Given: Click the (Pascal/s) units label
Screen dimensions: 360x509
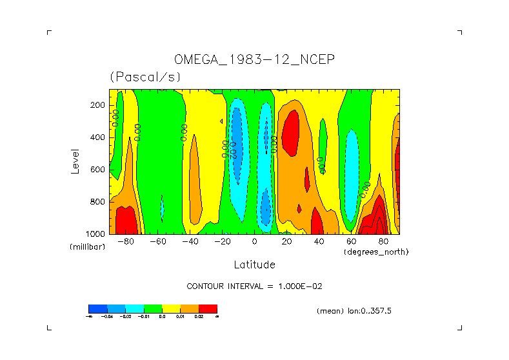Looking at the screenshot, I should coord(145,77).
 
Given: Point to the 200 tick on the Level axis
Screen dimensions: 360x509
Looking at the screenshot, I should coord(99,105).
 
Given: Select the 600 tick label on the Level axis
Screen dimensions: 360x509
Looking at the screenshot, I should coord(99,170).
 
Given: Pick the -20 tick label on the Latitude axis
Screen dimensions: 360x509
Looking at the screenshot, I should coord(222,242).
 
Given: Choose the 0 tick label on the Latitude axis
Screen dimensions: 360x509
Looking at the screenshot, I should coord(255,242).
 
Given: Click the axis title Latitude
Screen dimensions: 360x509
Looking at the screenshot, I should coord(254,265).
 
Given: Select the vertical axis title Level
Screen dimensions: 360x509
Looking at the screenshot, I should coord(75,160).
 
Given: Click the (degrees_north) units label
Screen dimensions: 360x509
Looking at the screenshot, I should coord(376,252).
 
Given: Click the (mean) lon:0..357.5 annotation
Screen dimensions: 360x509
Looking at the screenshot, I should coord(354,311).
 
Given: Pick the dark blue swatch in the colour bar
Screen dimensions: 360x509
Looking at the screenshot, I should coord(97,308).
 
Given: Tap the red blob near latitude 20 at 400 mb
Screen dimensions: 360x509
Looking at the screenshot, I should coord(292,132).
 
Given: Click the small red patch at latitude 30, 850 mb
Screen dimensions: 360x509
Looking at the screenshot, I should coord(299,208).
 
